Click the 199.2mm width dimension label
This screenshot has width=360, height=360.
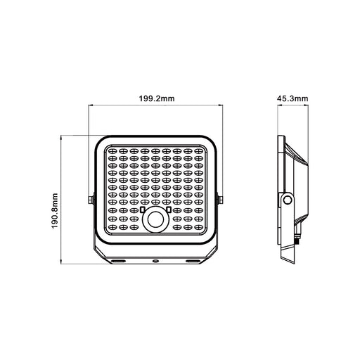[157, 98]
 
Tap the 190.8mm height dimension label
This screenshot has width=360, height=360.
[54, 211]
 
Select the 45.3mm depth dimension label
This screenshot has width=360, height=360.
[292, 98]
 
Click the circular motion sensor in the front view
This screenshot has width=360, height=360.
[155, 219]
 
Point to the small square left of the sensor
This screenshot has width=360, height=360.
[142, 210]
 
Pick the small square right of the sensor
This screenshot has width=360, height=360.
[169, 210]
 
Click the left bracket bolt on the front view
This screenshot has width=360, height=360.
[91, 200]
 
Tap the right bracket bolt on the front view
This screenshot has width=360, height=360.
[220, 200]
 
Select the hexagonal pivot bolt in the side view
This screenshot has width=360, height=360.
[287, 200]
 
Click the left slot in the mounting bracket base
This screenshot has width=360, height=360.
[118, 261]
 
